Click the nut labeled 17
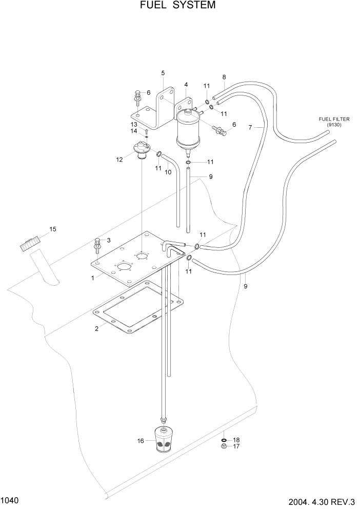pyautogui.click(x=225, y=446)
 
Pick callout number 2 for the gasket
pyautogui.click(x=96, y=329)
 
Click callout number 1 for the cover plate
pyautogui.click(x=92, y=278)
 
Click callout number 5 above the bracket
pyautogui.click(x=163, y=73)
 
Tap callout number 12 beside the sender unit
pyautogui.click(x=119, y=160)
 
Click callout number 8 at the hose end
pyautogui.click(x=224, y=77)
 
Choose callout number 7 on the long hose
pyautogui.click(x=250, y=128)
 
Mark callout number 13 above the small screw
pyautogui.click(x=133, y=124)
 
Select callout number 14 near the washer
pyautogui.click(x=133, y=131)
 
